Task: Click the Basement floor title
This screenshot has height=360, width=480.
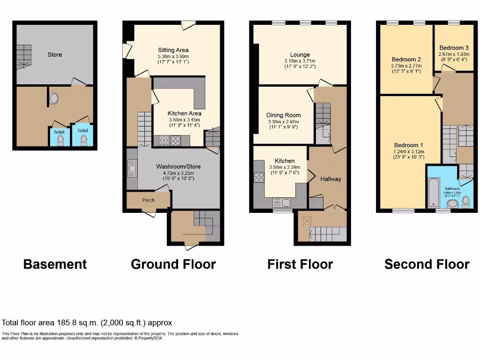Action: point(55,264)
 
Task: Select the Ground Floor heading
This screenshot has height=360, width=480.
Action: point(173,264)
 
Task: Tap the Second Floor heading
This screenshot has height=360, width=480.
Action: point(427,264)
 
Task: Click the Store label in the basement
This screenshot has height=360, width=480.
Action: point(55,54)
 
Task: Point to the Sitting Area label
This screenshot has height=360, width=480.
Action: point(173,50)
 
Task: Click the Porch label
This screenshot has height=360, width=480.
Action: point(148,200)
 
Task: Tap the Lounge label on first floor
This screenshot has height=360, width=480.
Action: point(300,55)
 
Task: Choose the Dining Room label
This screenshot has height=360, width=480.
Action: point(283,115)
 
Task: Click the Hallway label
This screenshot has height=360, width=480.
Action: point(331,179)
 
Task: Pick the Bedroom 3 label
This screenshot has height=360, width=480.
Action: point(454,48)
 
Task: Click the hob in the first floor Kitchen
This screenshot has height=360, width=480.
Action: point(259,178)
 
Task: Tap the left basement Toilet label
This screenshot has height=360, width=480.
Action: point(59,131)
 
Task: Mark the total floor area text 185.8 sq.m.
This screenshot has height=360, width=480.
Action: point(87,322)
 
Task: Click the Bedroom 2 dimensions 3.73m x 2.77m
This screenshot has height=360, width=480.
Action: point(406,66)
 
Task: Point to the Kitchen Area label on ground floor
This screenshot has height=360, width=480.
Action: point(184,113)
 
